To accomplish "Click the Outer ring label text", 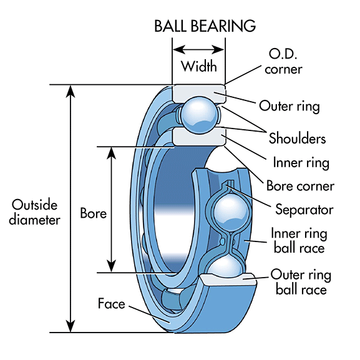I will pos(289,106).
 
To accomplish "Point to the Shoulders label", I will pos(297,137).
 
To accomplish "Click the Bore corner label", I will pos(300,186).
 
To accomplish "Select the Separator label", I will pos(303,209).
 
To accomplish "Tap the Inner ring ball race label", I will pos(297,240).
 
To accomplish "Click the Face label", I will pos(112,304).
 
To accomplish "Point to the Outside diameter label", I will pos(36,212).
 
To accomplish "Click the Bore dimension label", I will pos(93,213).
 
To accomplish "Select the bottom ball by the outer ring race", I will pos(231,268).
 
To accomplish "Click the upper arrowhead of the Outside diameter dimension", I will pos(71,91).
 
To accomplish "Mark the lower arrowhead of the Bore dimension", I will pos(111,265).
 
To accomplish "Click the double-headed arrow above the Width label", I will pos(198,49).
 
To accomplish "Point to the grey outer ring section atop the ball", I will pos(198,92).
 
